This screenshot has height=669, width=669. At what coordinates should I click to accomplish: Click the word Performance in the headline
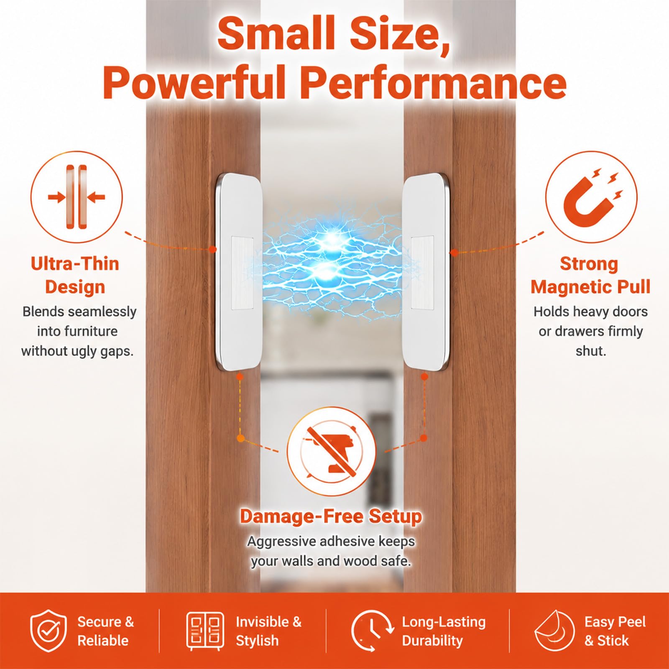[x=433, y=82]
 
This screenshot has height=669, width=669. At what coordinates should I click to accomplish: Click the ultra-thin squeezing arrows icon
[x=77, y=197]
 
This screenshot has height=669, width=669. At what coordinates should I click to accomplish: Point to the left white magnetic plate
[x=239, y=272]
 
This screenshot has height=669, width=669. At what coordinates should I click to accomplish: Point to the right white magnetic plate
[x=425, y=272]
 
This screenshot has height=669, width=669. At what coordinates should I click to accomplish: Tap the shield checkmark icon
[x=49, y=631]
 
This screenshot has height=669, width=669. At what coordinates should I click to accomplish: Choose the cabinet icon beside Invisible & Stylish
[x=205, y=631]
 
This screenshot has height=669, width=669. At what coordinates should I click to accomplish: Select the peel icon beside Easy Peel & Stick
[x=554, y=631]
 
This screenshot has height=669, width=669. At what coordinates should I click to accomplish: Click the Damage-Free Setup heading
[x=331, y=516]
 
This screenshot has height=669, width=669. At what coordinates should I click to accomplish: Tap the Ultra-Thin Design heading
[x=75, y=275]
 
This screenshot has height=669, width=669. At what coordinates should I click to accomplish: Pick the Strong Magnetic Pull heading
[x=590, y=275]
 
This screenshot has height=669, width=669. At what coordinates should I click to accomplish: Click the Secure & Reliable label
[x=105, y=631]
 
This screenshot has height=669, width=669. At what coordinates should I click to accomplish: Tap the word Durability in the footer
[x=432, y=641]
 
